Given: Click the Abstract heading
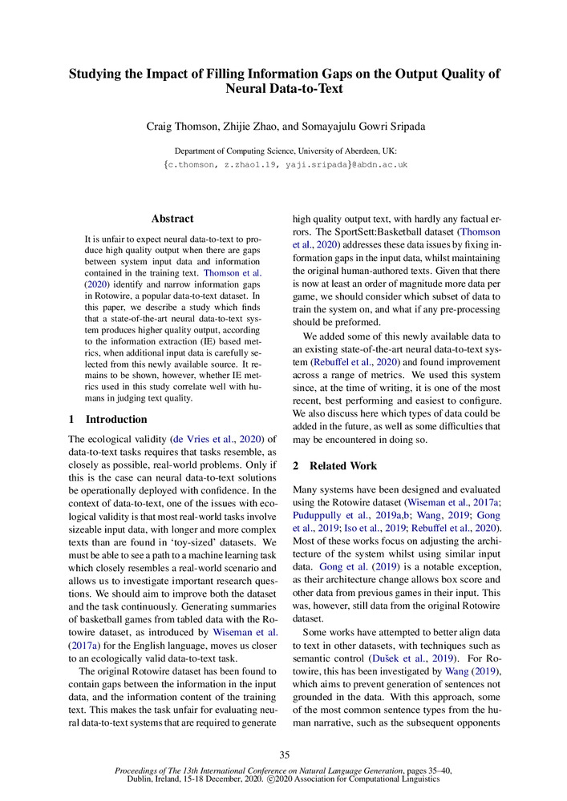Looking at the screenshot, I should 172,218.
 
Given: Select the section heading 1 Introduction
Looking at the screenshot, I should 108,419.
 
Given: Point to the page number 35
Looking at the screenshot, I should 284,755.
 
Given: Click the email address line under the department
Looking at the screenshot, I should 284,164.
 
